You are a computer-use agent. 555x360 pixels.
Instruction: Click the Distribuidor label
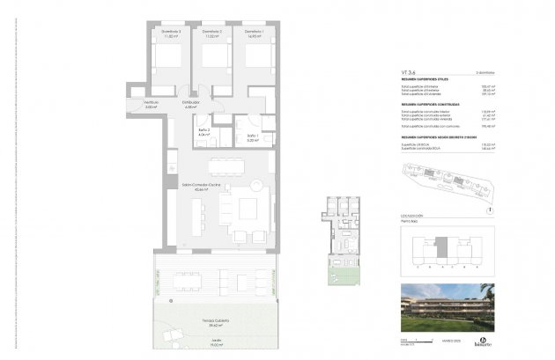coord(191,102)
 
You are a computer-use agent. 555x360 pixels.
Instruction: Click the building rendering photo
coord(447,307)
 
